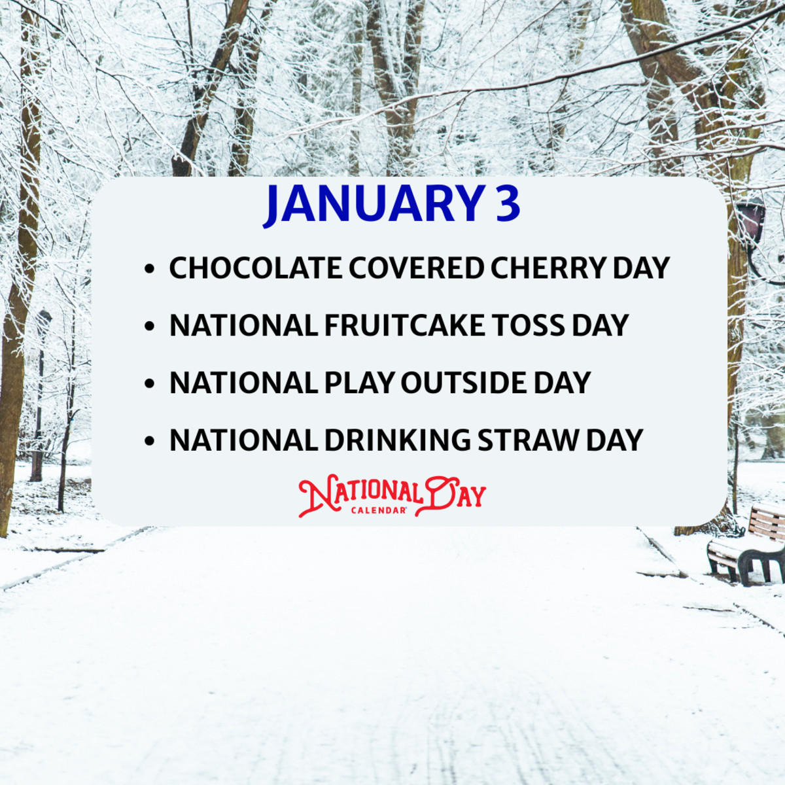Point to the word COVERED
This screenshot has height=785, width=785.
pos(416,268)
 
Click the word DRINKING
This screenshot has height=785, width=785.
pos(397,441)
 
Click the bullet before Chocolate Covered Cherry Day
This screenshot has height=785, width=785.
pos(150,269)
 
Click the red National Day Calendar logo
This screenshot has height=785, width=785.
pos(392,495)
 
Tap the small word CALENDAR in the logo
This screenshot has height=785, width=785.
pos(379,510)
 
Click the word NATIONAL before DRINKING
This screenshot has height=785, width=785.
pos(243,441)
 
